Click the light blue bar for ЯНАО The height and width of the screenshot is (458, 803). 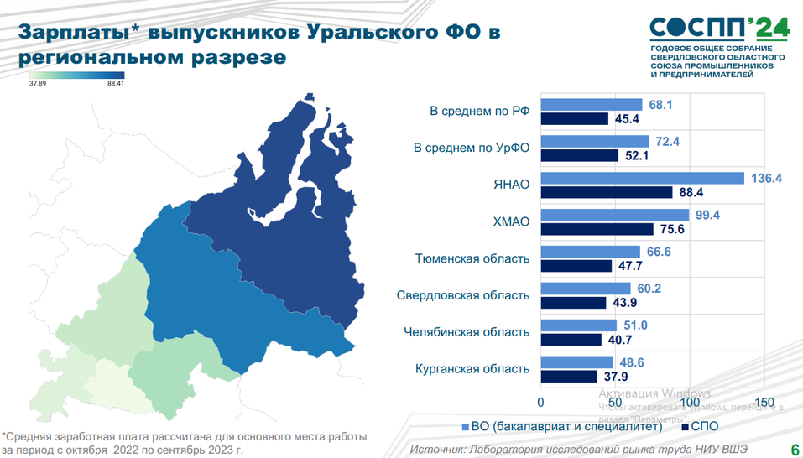coord(642,178)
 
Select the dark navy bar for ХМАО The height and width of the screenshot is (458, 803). coord(597,229)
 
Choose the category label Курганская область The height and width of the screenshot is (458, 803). coord(473,369)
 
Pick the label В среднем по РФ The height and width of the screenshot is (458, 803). coord(480,112)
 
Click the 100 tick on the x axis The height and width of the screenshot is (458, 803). coord(690,401)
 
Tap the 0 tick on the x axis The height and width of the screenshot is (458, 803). coord(541,401)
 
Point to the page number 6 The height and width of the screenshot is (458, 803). coord(794,450)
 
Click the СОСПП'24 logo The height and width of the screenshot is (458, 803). coord(719,29)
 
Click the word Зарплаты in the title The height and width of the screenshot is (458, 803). coord(73,32)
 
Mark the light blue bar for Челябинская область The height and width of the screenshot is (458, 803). coord(578,325)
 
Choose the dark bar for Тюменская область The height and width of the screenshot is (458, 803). coord(576,266)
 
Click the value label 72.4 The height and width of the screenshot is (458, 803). coord(668,142)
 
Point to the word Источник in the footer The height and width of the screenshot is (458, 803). coord(440,450)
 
